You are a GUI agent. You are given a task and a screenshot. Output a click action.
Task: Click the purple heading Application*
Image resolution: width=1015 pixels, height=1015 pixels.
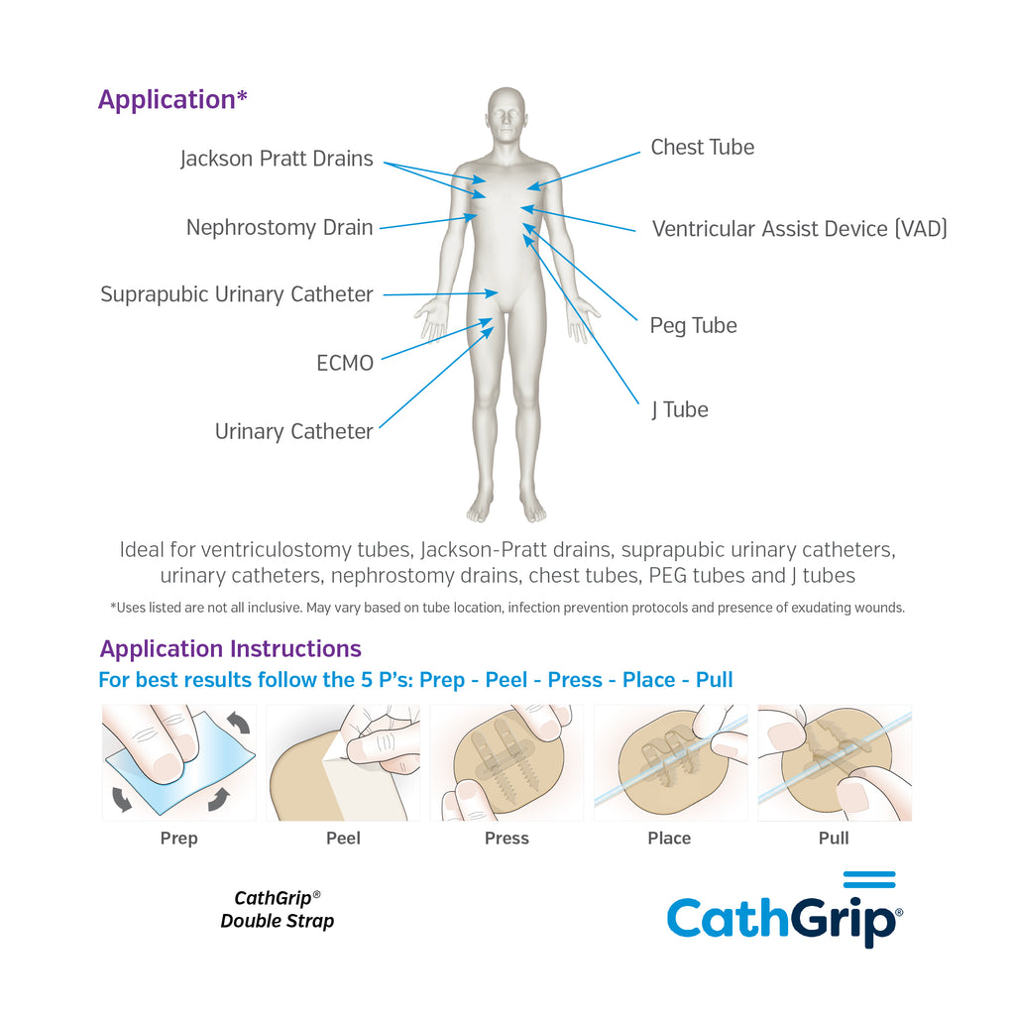pos(172,100)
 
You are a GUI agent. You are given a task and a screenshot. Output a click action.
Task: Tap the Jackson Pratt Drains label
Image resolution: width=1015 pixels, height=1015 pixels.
pos(277,159)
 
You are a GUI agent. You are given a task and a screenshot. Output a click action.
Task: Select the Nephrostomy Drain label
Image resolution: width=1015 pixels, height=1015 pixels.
pos(280,227)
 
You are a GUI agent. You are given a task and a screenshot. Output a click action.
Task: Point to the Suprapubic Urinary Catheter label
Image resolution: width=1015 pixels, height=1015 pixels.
pos(237,294)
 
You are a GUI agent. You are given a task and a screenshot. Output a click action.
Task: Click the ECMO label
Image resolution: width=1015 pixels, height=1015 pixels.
pos(345,363)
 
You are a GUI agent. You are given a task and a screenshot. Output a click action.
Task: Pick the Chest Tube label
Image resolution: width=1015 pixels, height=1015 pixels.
pos(703,147)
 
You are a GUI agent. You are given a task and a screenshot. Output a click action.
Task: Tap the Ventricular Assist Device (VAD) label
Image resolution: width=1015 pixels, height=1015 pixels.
pos(800,229)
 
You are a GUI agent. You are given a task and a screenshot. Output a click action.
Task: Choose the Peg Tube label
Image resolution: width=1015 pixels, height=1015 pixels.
pos(693,325)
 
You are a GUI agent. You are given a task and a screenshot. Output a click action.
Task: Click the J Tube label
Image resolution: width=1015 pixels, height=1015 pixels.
pos(680,409)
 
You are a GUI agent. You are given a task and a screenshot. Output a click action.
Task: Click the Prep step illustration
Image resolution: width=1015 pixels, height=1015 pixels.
pos(179,762)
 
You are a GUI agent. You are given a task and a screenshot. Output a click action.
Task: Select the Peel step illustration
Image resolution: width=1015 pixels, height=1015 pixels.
pos(343,762)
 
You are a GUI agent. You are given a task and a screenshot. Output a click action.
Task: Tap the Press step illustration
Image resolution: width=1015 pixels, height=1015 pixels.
pos(507,762)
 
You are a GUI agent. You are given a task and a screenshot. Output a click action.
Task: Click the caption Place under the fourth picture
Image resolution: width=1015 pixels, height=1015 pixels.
pos(669,839)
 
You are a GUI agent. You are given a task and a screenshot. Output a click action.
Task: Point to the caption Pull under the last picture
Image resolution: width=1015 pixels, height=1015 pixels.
pos(834,839)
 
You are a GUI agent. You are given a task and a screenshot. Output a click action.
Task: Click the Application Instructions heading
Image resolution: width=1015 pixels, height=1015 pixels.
pos(230,648)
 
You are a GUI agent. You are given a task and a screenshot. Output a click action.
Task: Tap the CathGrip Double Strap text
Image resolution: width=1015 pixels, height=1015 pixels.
pos(278,910)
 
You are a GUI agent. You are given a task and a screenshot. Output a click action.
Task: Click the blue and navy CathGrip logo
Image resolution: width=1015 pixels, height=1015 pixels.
pos(785,910)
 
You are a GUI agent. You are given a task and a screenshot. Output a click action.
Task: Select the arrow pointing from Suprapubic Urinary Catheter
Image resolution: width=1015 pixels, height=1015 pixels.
pos(441,293)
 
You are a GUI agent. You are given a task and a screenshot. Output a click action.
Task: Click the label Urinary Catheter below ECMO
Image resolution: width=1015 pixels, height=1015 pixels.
pos(293,431)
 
